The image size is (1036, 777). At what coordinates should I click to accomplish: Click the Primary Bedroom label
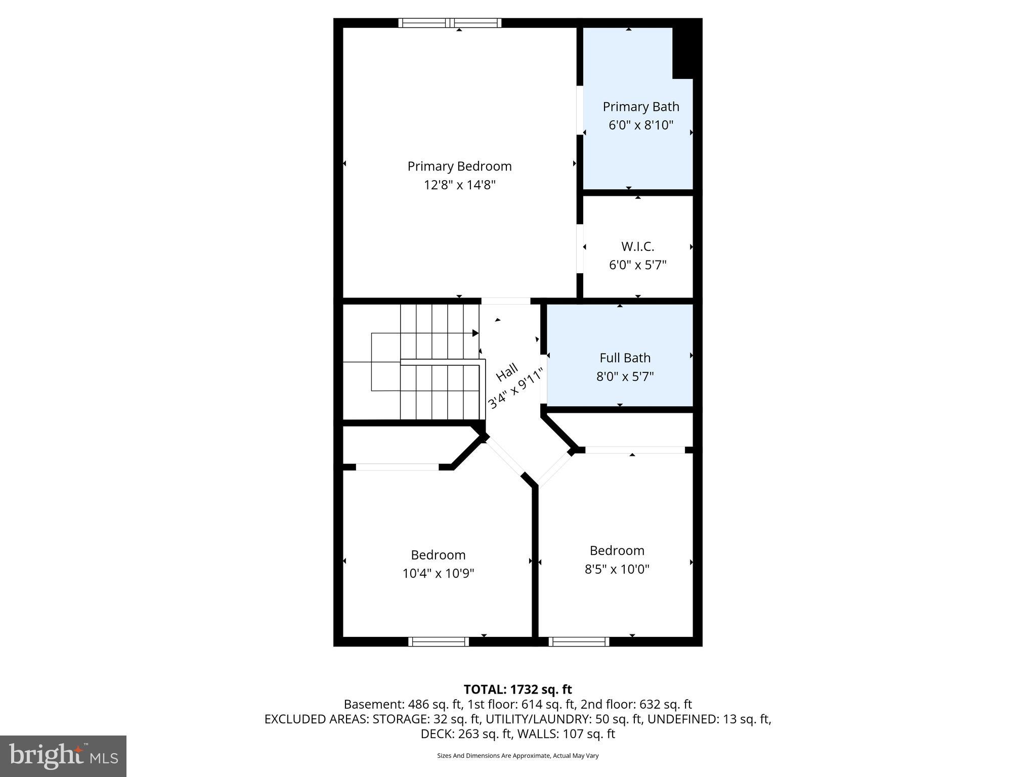click(x=459, y=166)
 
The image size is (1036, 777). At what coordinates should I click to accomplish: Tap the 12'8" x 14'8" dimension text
click(x=459, y=185)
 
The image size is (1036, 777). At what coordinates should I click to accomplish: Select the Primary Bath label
click(x=640, y=107)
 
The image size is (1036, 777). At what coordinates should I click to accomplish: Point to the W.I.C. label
click(x=637, y=247)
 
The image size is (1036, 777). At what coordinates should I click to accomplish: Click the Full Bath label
click(x=625, y=358)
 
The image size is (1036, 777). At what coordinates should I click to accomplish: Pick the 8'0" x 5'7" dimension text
click(x=625, y=377)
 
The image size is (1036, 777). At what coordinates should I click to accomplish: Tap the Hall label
click(x=506, y=372)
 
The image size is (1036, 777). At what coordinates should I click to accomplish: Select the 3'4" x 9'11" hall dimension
click(x=516, y=388)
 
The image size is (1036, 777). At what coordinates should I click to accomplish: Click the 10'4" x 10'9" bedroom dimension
click(x=438, y=574)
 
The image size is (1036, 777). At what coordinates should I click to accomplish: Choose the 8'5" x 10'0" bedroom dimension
click(x=617, y=570)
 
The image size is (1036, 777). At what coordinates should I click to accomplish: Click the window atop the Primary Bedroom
click(x=450, y=23)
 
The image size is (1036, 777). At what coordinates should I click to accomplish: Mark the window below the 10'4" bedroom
click(x=439, y=642)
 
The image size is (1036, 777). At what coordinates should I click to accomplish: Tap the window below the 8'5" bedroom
click(x=579, y=642)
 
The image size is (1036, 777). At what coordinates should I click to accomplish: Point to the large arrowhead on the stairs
click(x=475, y=333)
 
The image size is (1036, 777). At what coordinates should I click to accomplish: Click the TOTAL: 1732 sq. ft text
click(x=517, y=689)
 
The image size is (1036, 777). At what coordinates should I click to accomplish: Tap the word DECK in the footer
click(x=435, y=734)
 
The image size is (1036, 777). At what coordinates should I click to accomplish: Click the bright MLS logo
click(x=63, y=756)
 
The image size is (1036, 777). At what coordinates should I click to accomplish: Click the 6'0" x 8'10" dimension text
click(x=640, y=125)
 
